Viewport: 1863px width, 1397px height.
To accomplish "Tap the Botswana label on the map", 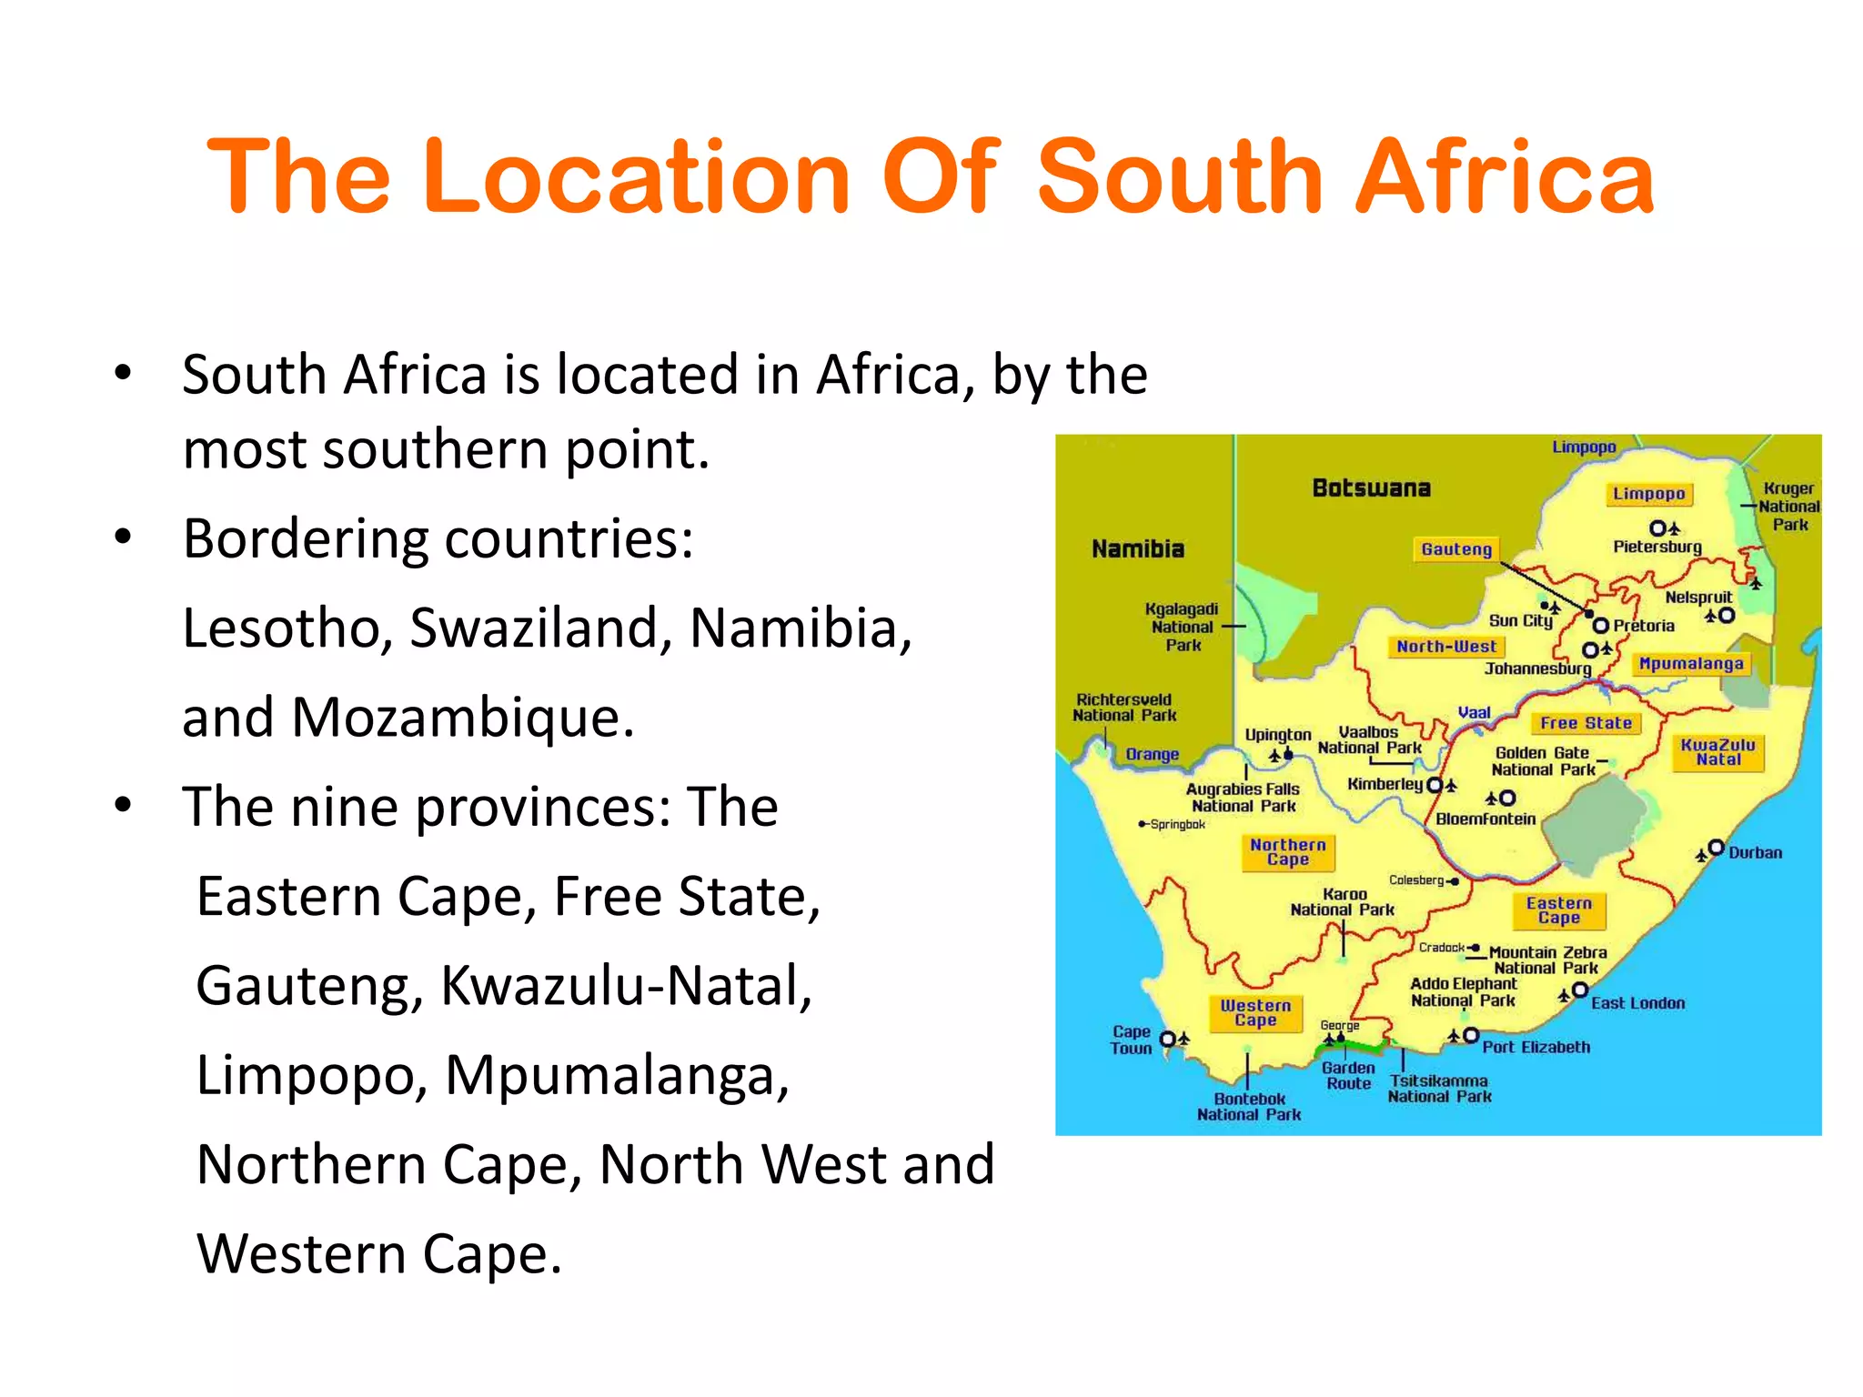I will tap(1371, 488).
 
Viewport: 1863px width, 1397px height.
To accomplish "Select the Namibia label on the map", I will tap(1138, 549).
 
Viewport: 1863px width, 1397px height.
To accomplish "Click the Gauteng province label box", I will tap(1456, 549).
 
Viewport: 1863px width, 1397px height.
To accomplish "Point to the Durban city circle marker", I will tap(1716, 848).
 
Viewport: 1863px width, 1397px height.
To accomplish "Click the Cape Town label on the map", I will tap(1131, 1040).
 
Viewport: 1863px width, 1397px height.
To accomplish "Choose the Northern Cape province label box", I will tap(1288, 852).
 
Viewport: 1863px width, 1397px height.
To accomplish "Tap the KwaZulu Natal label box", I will tap(1717, 752).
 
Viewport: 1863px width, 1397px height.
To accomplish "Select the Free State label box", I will tap(1586, 723).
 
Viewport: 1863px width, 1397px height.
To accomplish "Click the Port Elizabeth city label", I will tap(1536, 1047).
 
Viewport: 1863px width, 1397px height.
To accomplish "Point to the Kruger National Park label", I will tap(1788, 507).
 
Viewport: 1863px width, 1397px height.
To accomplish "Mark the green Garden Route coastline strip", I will tap(1351, 1049).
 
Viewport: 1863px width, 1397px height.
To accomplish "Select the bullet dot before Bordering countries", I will tap(123, 537).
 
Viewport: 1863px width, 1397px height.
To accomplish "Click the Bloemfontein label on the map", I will tap(1485, 819).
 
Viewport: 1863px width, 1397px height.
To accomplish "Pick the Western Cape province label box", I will tap(1255, 1012).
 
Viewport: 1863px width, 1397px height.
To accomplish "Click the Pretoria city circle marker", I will tap(1600, 626).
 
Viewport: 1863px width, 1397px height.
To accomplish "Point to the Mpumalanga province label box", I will tap(1690, 664).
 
